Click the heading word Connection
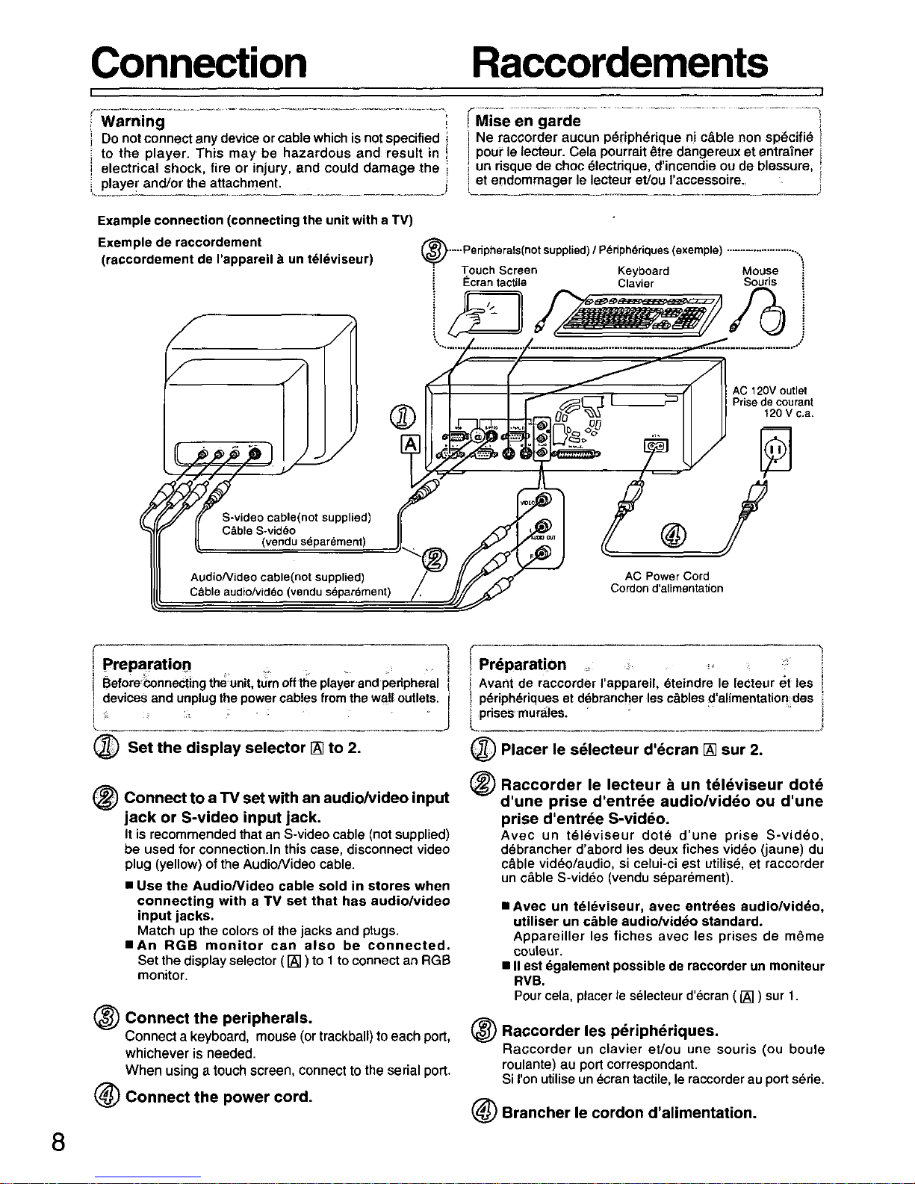click(199, 63)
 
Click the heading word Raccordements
click(619, 63)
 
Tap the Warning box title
click(133, 121)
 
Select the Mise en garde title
click(528, 120)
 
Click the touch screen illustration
click(485, 313)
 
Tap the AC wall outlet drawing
click(775, 450)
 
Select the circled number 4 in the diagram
click(673, 536)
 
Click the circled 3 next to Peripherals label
click(434, 251)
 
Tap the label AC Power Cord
click(666, 576)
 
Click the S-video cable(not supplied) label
click(297, 517)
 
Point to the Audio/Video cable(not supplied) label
click(277, 577)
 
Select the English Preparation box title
click(147, 664)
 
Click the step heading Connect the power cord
click(219, 1097)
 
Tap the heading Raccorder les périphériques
click(610, 1031)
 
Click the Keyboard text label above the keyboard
click(643, 271)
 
